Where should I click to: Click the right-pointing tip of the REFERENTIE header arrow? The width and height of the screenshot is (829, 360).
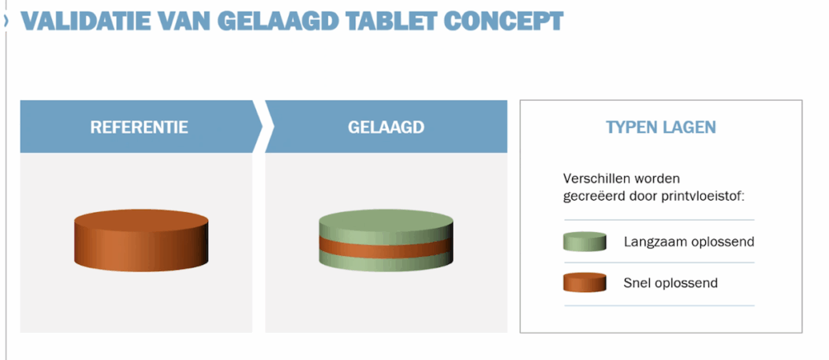[263, 127]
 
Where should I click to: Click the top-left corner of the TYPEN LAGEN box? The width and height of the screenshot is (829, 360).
[520, 100]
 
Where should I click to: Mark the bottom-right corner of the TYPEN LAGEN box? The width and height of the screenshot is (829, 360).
[803, 333]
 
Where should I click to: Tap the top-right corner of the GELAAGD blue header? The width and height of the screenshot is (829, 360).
[507, 101]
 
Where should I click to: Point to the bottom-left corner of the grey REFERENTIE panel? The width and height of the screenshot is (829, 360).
[20, 333]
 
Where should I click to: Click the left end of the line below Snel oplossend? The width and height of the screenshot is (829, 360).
[564, 306]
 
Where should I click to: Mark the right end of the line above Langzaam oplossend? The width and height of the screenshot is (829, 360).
[755, 220]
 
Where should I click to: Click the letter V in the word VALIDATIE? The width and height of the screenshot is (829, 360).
[30, 21]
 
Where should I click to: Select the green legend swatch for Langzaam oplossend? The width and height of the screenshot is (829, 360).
[585, 242]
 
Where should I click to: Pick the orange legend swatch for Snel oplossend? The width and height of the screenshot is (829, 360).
[585, 282]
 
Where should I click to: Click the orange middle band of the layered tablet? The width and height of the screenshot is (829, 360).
[386, 249]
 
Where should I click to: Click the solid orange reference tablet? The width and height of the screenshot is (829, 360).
[141, 240]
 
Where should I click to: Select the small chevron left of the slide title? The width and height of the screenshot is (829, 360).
[6, 21]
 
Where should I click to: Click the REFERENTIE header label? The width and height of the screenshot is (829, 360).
[139, 127]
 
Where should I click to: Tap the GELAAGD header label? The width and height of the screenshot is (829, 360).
[386, 127]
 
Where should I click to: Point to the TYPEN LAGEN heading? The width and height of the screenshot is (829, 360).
[661, 127]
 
